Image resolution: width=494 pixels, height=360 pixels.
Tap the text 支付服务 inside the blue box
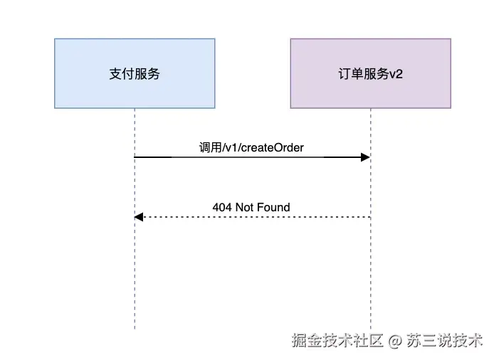pos(135,73)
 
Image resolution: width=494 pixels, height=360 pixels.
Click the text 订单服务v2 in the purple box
pos(370,73)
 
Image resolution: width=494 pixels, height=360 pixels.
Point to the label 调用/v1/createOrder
pos(251,147)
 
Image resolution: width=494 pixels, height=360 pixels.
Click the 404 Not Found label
pos(251,207)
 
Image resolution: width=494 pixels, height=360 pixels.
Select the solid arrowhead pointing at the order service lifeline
pos(365,157)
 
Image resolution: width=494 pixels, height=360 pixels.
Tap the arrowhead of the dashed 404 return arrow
pos(140,216)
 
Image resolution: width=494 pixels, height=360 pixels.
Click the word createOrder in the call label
pos(275,147)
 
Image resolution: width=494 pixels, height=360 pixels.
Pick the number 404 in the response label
pos(222,207)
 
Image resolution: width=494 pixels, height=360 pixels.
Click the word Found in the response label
pos(274,207)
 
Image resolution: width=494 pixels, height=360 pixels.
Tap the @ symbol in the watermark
pos(395,341)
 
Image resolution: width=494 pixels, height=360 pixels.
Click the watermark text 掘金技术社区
pos(337,341)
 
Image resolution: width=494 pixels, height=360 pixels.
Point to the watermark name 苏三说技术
pos(444,341)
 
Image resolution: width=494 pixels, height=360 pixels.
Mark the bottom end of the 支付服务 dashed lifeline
pos(135,327)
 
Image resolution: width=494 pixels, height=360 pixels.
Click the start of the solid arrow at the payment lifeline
pos(136,157)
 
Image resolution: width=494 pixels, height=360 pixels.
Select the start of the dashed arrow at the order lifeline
pos(369,216)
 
